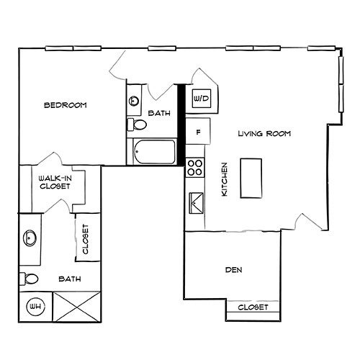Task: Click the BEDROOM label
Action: click(x=65, y=105)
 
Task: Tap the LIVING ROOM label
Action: click(x=264, y=134)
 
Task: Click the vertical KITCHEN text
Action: click(x=225, y=179)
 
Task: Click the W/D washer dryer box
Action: click(x=199, y=98)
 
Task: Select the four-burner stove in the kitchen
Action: click(x=195, y=168)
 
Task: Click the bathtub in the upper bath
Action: click(x=154, y=151)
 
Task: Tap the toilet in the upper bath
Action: click(x=134, y=125)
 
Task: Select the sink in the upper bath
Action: click(x=133, y=102)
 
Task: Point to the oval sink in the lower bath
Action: click(x=30, y=237)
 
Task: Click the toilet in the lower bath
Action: click(x=29, y=279)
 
